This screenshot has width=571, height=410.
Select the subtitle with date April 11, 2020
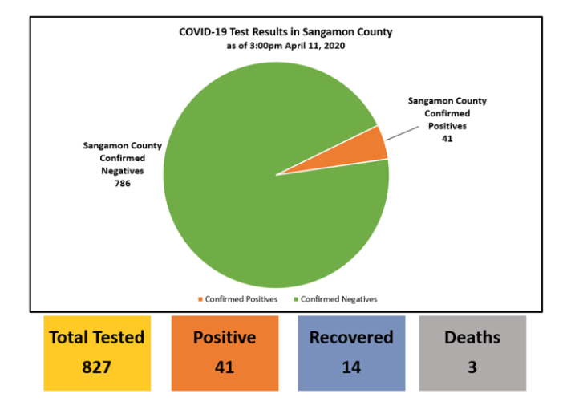285,46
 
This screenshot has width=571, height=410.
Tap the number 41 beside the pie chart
447,139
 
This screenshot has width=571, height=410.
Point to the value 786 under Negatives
123,183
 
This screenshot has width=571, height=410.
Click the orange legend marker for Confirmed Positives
200,299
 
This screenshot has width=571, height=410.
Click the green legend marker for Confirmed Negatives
296,299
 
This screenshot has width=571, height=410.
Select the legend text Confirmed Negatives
338,299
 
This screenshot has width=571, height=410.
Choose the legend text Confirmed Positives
241,299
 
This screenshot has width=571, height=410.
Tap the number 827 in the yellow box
96,367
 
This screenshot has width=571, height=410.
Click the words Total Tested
97,338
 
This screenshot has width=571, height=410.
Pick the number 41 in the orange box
225,367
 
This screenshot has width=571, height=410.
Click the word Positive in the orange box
225,338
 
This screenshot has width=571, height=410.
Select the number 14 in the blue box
351,367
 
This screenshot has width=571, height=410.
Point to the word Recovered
351,338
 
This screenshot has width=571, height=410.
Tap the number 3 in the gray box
472,367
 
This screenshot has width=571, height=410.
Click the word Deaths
472,338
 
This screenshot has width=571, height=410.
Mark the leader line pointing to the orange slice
403,133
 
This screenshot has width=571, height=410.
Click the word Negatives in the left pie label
123,171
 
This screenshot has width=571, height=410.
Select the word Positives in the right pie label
447,126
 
